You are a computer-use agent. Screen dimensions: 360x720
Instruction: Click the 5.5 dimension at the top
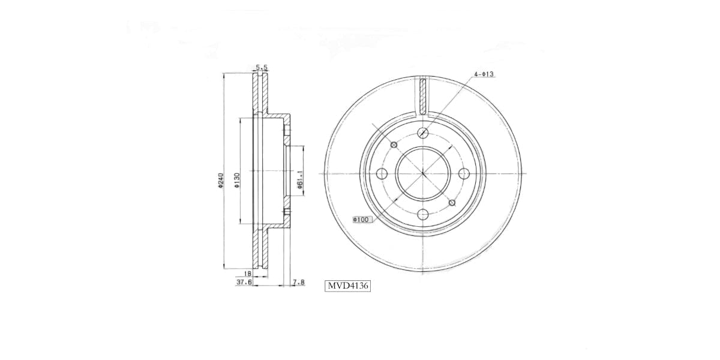261,68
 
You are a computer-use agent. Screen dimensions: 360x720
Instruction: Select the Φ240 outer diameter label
221,180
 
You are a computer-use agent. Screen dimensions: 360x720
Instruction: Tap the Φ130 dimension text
237,180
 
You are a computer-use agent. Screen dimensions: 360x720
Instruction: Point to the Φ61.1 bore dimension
299,179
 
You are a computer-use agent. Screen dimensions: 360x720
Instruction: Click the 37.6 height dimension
244,281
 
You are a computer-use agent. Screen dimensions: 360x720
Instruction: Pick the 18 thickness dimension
247,272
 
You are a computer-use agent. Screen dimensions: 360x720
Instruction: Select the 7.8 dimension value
298,281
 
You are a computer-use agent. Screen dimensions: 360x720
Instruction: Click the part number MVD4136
347,286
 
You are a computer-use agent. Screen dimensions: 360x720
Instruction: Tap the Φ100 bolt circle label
362,220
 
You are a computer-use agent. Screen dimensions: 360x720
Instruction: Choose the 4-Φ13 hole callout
483,74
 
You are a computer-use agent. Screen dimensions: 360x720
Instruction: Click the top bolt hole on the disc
423,133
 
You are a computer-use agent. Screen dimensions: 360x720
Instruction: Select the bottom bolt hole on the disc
423,214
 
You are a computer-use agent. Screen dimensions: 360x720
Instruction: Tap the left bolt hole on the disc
382,174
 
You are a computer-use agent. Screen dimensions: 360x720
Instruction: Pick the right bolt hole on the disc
463,173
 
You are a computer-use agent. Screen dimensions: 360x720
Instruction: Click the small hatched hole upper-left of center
394,145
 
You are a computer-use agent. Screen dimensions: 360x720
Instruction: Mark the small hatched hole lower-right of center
452,203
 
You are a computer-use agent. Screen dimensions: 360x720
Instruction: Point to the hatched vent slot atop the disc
423,96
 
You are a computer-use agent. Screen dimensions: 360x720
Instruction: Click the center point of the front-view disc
423,174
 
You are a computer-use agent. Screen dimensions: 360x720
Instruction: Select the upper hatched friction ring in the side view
260,93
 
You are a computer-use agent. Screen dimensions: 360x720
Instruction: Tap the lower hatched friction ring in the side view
260,252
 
